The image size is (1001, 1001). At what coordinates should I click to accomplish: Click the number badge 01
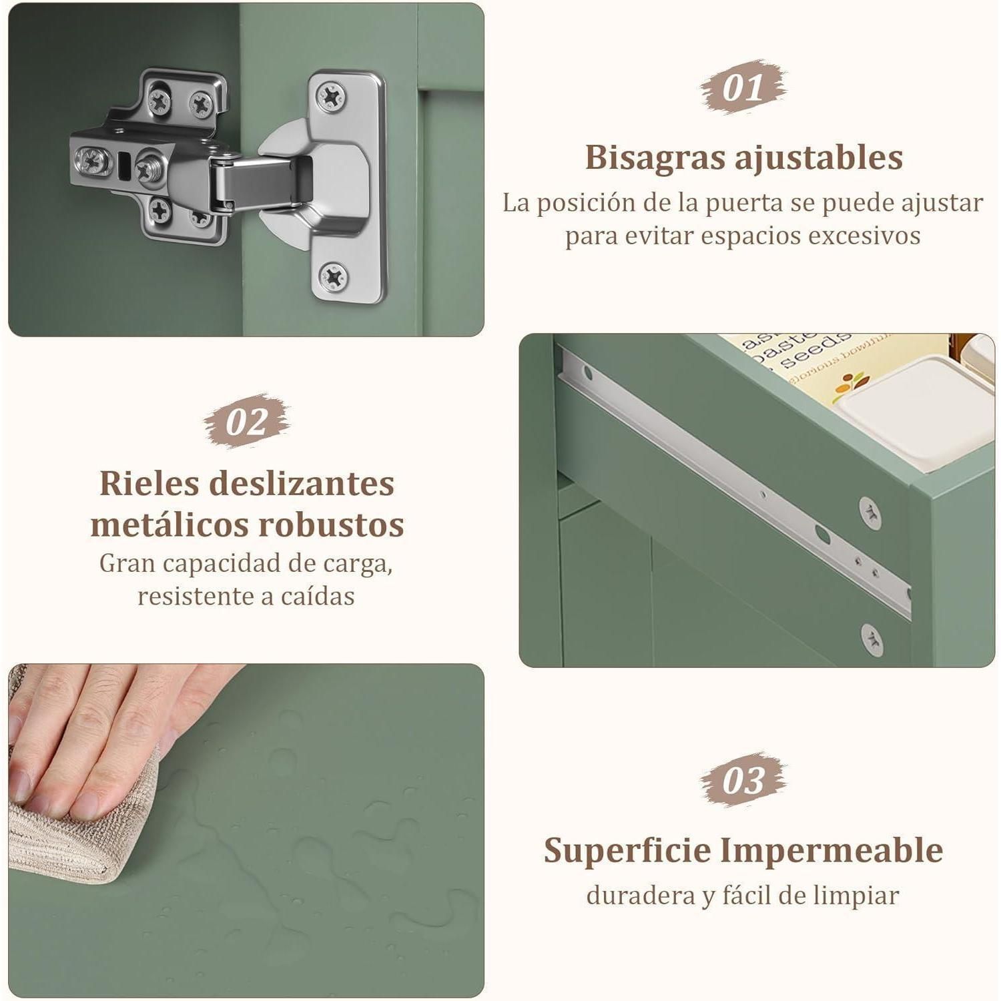click(x=743, y=87)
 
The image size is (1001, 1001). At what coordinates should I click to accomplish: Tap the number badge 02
click(x=247, y=421)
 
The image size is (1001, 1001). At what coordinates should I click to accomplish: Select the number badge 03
click(x=743, y=780)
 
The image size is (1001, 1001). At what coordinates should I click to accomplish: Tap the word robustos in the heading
click(x=331, y=525)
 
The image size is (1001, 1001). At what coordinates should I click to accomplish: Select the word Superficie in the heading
click(x=627, y=850)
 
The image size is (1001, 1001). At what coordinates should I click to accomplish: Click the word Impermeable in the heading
click(x=831, y=850)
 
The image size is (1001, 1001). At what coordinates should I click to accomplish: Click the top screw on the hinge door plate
click(x=331, y=97)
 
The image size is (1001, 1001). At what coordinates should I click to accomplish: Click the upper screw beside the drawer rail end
click(x=870, y=514)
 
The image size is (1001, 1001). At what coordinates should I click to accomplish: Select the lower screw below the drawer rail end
click(x=872, y=639)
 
